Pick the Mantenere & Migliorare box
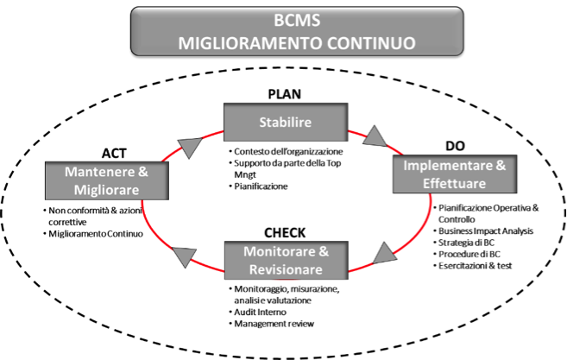click(x=94, y=181)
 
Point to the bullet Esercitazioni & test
click(x=476, y=266)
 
